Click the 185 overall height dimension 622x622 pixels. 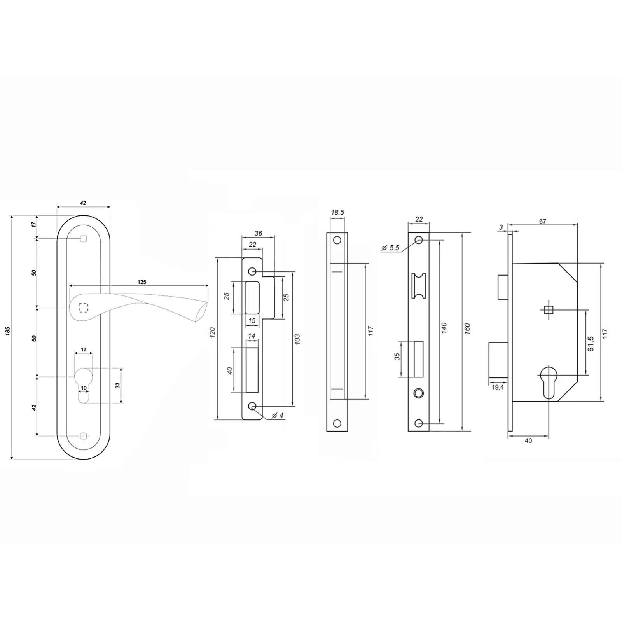tap(8, 331)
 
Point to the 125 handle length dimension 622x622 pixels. tap(142, 282)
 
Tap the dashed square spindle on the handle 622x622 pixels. tap(83, 308)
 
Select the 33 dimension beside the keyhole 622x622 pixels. tap(117, 385)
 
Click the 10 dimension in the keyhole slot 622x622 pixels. tap(84, 388)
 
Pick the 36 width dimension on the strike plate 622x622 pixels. tap(258, 233)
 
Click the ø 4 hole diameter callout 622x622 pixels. tap(278, 415)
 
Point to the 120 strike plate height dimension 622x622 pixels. tap(212, 332)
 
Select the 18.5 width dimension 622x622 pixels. tap(337, 212)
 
